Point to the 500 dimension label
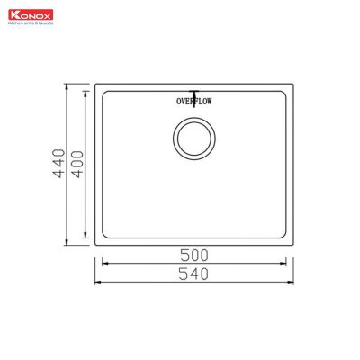[x=193, y=255]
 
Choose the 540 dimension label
[x=193, y=273]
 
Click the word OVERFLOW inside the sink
[x=193, y=102]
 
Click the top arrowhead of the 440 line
[x=71, y=86]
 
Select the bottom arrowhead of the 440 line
[x=71, y=245]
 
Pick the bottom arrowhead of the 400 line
[x=86, y=238]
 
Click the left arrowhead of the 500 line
[x=103, y=264]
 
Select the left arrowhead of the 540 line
[x=95, y=282]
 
